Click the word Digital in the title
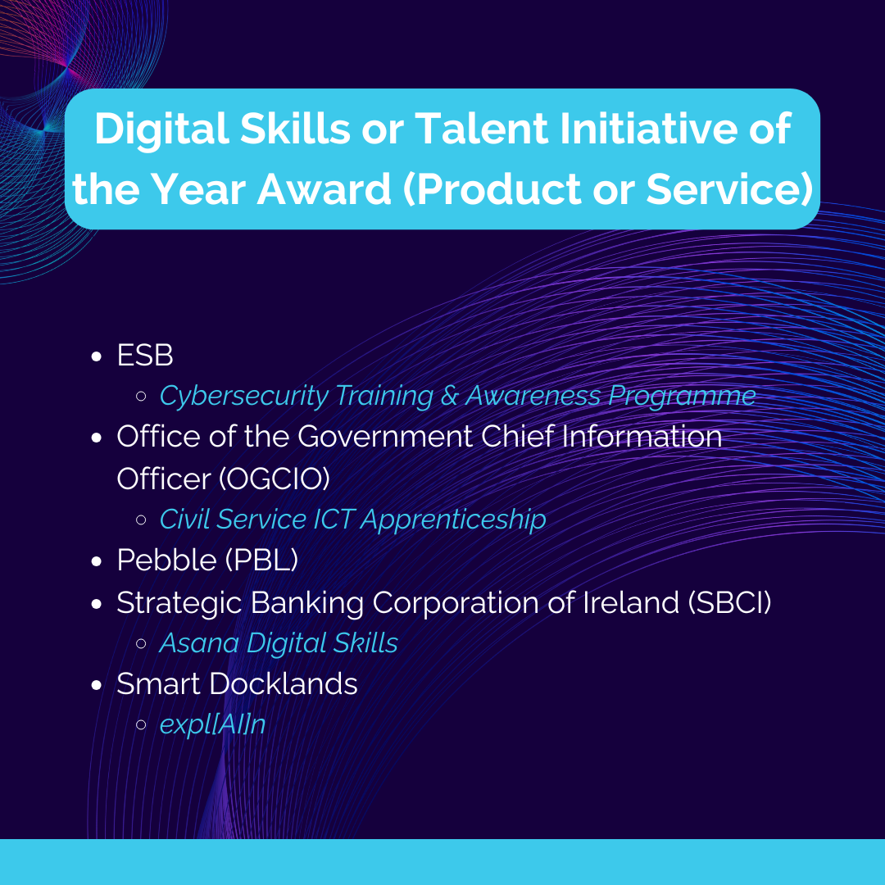point(161,129)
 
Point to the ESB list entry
point(144,355)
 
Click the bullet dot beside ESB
point(97,356)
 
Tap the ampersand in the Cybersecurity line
point(449,396)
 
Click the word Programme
point(682,397)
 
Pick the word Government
point(385,436)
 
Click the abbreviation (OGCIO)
point(275,479)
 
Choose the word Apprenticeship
point(453,520)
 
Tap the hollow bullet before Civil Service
point(141,520)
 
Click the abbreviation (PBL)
point(262,560)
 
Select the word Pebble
point(166,560)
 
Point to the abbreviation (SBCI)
point(730,602)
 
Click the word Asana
point(199,643)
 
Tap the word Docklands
point(284,684)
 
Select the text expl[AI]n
point(213,724)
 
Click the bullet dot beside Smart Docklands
point(97,685)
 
